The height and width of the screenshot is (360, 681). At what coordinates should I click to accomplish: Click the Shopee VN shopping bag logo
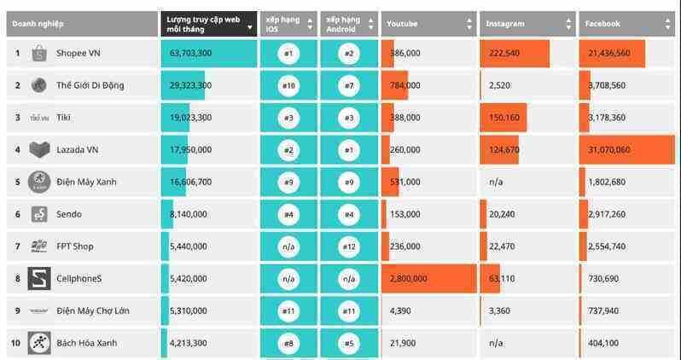[39, 54]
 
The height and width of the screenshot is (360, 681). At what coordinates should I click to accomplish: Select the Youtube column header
[428, 24]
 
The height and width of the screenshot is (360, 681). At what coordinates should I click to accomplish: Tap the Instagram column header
[527, 24]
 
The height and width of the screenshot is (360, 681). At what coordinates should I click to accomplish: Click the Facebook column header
[626, 24]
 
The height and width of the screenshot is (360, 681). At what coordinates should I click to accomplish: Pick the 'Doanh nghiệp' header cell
[83, 24]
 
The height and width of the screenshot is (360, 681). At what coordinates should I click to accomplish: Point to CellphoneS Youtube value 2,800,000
[408, 278]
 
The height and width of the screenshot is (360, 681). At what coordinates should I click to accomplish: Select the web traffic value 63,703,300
[190, 54]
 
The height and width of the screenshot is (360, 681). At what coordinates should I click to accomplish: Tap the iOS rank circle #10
[288, 85]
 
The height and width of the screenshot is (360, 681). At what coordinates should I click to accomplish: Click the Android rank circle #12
[349, 247]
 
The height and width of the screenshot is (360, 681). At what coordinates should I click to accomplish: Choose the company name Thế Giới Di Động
[90, 85]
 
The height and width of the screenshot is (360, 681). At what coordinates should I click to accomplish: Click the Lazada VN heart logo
[39, 150]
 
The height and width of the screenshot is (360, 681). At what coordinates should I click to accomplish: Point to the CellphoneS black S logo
[39, 278]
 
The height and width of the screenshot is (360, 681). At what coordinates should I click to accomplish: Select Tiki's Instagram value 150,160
[503, 118]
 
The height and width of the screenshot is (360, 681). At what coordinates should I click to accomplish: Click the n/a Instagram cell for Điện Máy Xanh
[496, 182]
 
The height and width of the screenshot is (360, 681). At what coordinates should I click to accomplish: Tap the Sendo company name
[68, 214]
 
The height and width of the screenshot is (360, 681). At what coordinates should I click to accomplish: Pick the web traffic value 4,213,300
[189, 343]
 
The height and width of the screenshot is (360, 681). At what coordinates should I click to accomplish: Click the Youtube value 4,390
[400, 311]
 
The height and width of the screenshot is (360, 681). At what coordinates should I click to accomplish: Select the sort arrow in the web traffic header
[250, 28]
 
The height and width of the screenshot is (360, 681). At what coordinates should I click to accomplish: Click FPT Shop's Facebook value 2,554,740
[607, 247]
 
